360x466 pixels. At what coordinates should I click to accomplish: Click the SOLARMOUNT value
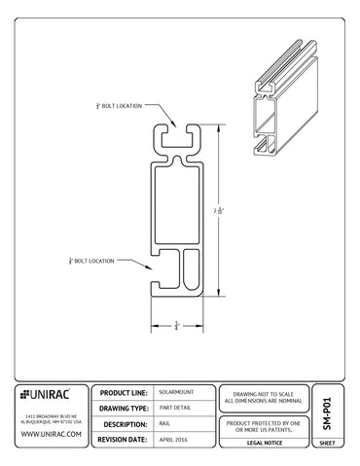point(174,392)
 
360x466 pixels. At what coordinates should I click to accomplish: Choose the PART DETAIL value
point(175,409)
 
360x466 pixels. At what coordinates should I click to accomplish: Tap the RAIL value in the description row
point(164,425)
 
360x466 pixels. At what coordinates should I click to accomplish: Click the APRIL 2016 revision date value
point(174,441)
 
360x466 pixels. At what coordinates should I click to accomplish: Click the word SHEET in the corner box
point(327,443)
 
